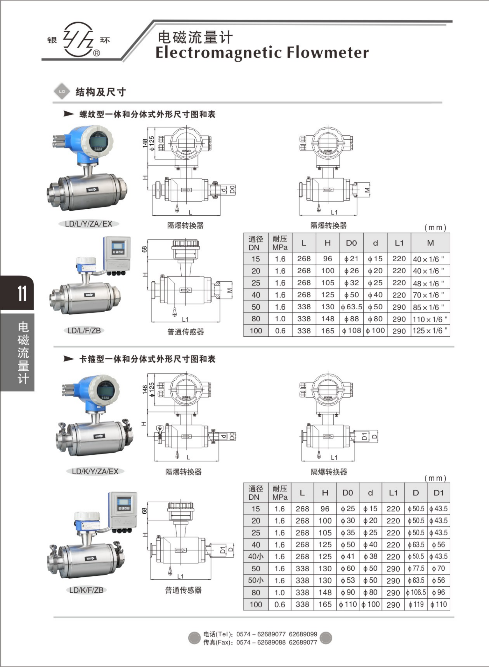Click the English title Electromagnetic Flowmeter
pos(262,53)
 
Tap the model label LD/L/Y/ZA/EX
pos(89,224)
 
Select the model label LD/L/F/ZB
pos(84,331)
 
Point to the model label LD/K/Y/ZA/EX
pos(95,471)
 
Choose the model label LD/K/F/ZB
pos(86,590)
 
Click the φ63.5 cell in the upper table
pos(351,307)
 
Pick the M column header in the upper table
pos(430,243)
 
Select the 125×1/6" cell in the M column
pos(430,331)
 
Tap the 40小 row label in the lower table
pos(256,556)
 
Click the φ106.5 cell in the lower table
pos(416,593)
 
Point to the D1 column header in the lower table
pos(438,493)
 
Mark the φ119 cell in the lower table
pos(416,604)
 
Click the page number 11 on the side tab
pos(22,294)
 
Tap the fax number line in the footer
pos(260,643)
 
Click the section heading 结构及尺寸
pos(100,92)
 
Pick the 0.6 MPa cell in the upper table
pos(280,331)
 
